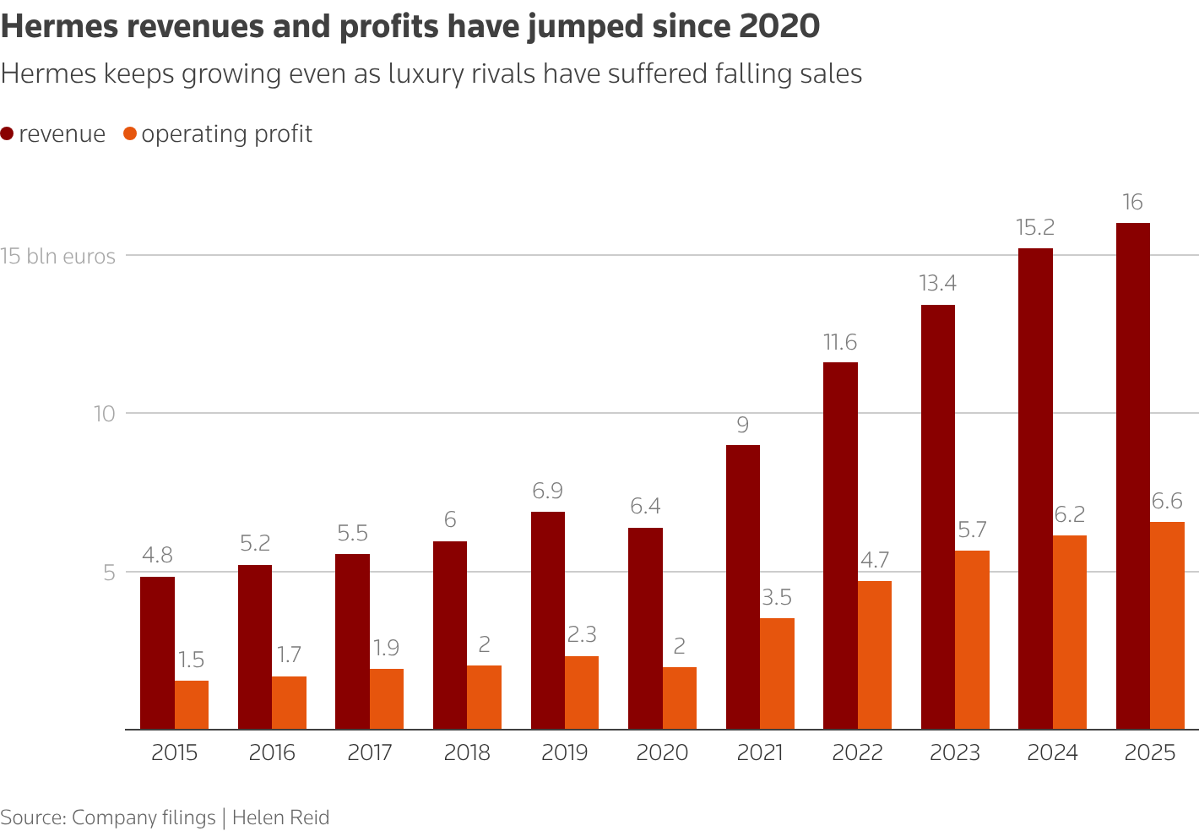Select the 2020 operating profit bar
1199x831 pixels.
pyautogui.click(x=680, y=698)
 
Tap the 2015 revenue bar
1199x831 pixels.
pyautogui.click(x=157, y=653)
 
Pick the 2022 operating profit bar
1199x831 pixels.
pyautogui.click(x=875, y=654)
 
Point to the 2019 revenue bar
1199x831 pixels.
pyautogui.click(x=548, y=620)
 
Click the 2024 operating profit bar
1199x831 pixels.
pyautogui.click(x=1070, y=632)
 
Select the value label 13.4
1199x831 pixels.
pyautogui.click(x=937, y=283)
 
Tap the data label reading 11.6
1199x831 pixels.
pyautogui.click(x=840, y=342)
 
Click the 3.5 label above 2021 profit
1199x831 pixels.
pyautogui.click(x=777, y=598)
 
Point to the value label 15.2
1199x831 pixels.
pyautogui.click(x=1035, y=227)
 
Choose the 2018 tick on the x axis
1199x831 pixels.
pyautogui.click(x=467, y=752)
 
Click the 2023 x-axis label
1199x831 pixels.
pyautogui.click(x=955, y=752)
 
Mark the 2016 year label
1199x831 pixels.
pyautogui.click(x=272, y=752)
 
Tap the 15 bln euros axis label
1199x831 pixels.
pyautogui.click(x=58, y=256)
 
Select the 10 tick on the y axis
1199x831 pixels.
pyautogui.click(x=103, y=414)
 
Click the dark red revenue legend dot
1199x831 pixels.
pyautogui.click(x=8, y=134)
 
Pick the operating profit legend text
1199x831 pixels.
pyautogui.click(x=226, y=134)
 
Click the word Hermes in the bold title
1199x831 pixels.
pyautogui.click(x=58, y=27)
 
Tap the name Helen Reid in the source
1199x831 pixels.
pyautogui.click(x=280, y=817)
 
